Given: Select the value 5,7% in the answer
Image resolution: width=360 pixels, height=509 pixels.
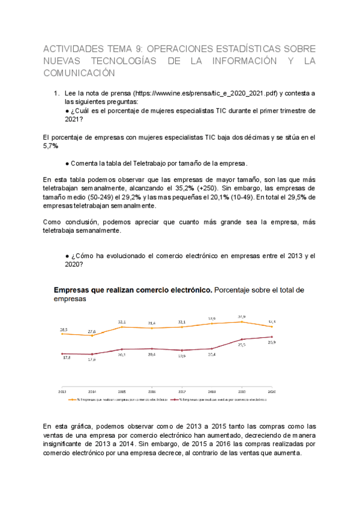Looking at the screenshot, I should [x=51, y=146].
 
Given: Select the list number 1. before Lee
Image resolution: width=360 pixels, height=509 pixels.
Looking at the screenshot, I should [x=56, y=94].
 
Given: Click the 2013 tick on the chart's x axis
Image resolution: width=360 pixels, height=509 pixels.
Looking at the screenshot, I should [x=62, y=391].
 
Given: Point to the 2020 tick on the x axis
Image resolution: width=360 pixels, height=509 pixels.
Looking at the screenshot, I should [x=272, y=391].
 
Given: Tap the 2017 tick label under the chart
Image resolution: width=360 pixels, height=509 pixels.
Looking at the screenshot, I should [x=182, y=391].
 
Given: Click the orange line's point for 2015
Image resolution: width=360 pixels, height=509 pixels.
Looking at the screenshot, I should [x=122, y=327].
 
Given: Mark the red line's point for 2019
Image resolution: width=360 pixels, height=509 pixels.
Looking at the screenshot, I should [x=242, y=340].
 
